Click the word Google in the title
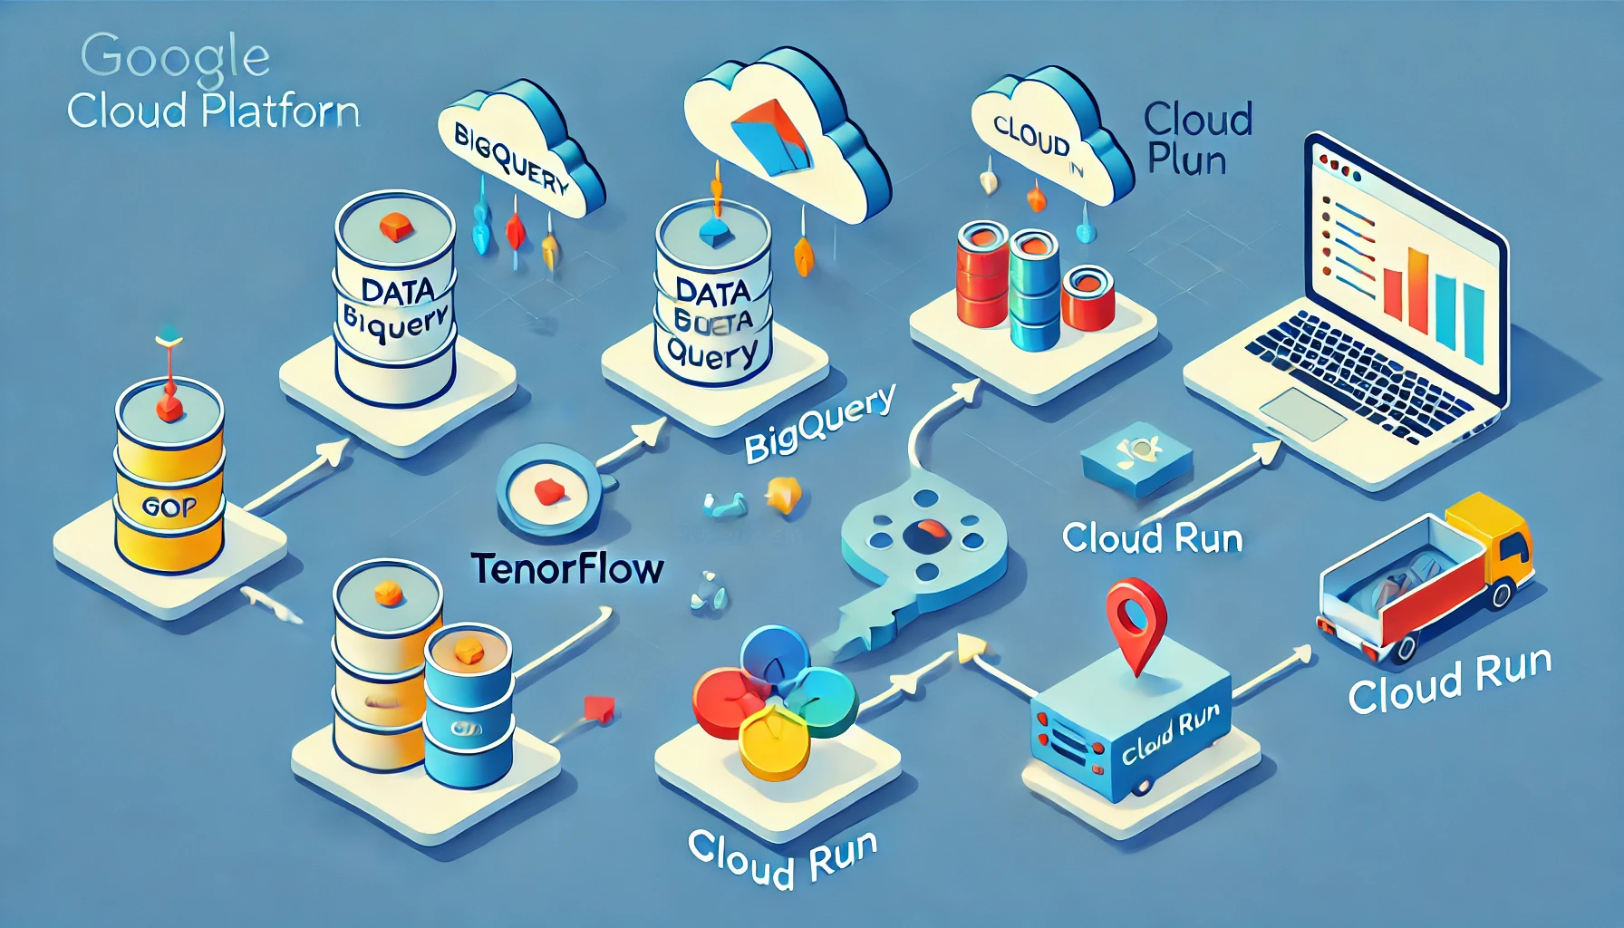tap(175, 57)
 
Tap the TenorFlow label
tap(568, 569)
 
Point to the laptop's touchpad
tap(1302, 413)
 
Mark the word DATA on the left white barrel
tap(397, 291)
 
